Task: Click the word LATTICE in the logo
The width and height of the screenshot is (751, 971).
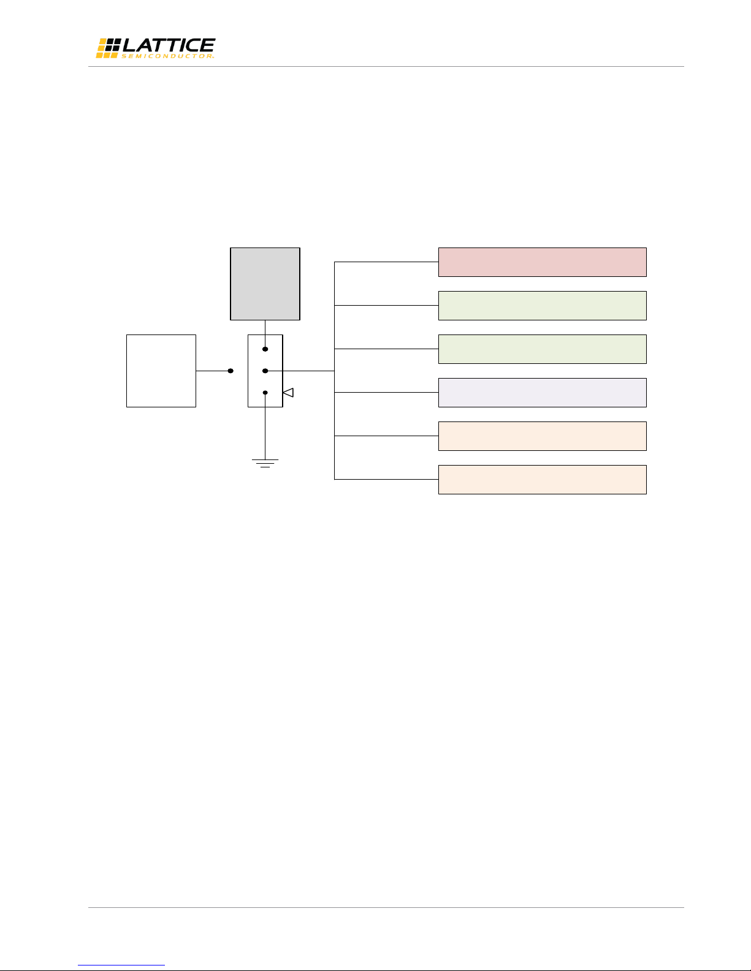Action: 169,45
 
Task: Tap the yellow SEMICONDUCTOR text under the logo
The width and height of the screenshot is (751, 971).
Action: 167,56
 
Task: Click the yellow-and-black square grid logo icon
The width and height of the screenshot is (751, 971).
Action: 108,48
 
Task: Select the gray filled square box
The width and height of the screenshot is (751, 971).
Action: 265,284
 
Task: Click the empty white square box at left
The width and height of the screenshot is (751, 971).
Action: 161,371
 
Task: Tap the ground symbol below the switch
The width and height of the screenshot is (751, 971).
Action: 265,463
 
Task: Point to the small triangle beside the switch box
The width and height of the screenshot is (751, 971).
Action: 288,393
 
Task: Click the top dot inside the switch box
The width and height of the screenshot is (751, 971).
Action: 265,349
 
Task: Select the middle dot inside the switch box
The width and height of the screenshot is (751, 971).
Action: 265,371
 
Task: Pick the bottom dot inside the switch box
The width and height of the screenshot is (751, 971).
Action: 265,393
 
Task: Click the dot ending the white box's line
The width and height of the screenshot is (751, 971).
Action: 231,371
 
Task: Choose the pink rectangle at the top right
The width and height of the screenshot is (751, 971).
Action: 542,262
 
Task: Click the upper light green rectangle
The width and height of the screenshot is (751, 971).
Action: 542,306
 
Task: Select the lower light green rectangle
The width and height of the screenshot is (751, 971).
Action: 542,349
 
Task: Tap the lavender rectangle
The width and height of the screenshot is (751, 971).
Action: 542,393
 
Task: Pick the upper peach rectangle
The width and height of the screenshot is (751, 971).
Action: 542,436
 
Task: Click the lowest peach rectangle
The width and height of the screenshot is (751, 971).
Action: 542,480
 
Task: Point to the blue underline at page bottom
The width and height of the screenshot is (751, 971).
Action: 121,965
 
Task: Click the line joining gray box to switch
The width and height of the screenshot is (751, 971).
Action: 265,334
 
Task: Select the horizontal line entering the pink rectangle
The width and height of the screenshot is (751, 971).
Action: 386,262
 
